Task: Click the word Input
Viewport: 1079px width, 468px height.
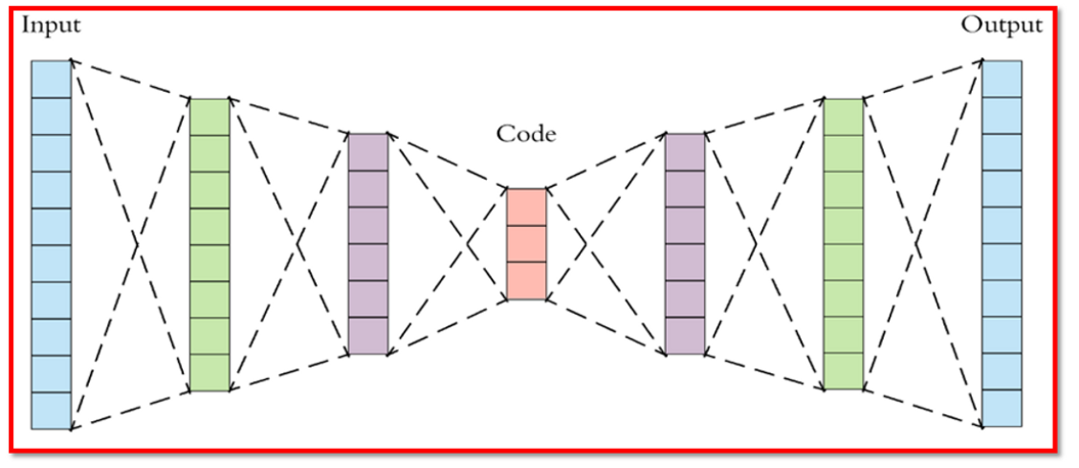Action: point(51,25)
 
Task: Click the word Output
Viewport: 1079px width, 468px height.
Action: point(1002,25)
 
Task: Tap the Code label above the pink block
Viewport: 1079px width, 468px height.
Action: point(525,134)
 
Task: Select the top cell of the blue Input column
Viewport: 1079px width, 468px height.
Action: point(51,78)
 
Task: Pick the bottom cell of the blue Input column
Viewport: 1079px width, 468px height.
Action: point(51,411)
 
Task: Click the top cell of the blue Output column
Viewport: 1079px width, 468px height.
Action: point(1002,78)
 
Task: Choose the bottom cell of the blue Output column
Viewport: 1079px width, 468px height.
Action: point(1002,408)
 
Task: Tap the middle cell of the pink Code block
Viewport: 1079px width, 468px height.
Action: point(525,244)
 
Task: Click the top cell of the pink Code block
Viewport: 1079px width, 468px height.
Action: point(525,207)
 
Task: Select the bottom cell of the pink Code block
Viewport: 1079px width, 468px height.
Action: point(525,280)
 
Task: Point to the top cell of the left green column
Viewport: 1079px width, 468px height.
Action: point(209,116)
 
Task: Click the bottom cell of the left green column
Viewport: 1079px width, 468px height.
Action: point(209,373)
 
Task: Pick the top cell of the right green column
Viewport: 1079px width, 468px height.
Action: point(843,116)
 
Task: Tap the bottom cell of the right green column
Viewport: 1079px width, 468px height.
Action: point(843,371)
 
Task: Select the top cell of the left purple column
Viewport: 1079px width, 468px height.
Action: point(367,151)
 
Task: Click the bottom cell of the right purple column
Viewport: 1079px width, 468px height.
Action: point(684,336)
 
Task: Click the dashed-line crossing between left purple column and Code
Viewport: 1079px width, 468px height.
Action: point(469,244)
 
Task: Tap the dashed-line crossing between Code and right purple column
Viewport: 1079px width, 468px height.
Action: point(584,244)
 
